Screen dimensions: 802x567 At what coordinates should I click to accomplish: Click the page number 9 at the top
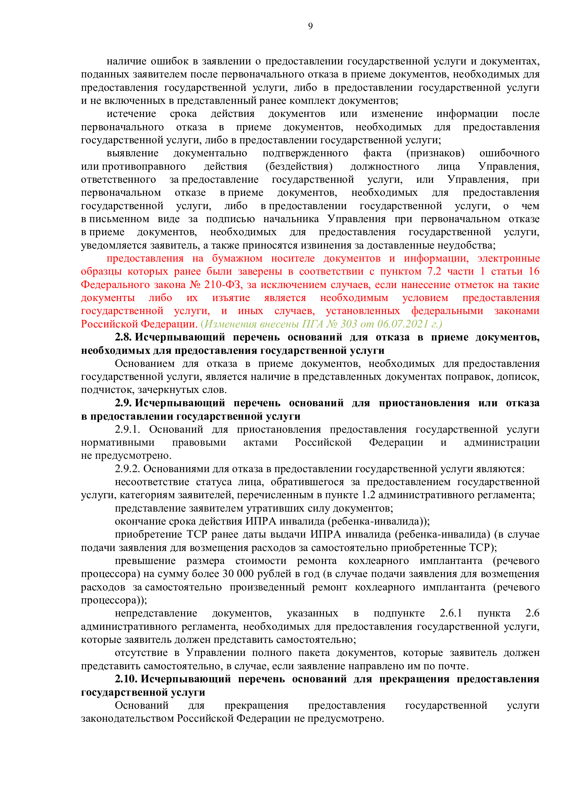point(310,26)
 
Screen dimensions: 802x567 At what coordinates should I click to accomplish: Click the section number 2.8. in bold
point(123,337)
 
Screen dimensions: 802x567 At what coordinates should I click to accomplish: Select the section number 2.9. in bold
point(123,403)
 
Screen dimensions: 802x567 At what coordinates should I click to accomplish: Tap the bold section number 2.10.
point(126,679)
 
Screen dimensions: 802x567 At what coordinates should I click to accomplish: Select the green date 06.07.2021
point(402,324)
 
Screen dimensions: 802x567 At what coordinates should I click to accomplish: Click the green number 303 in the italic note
point(349,324)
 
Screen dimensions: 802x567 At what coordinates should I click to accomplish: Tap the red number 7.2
point(434,272)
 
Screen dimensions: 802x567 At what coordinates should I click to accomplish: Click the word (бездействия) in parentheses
point(299,166)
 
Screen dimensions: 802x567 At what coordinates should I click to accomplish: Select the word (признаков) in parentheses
point(435,153)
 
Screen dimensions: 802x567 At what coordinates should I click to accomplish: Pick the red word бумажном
point(237,259)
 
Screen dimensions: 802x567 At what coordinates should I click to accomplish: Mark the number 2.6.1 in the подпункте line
point(451,613)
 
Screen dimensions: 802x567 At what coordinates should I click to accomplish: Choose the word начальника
point(290,219)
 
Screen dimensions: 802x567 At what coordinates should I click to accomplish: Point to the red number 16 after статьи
point(534,272)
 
